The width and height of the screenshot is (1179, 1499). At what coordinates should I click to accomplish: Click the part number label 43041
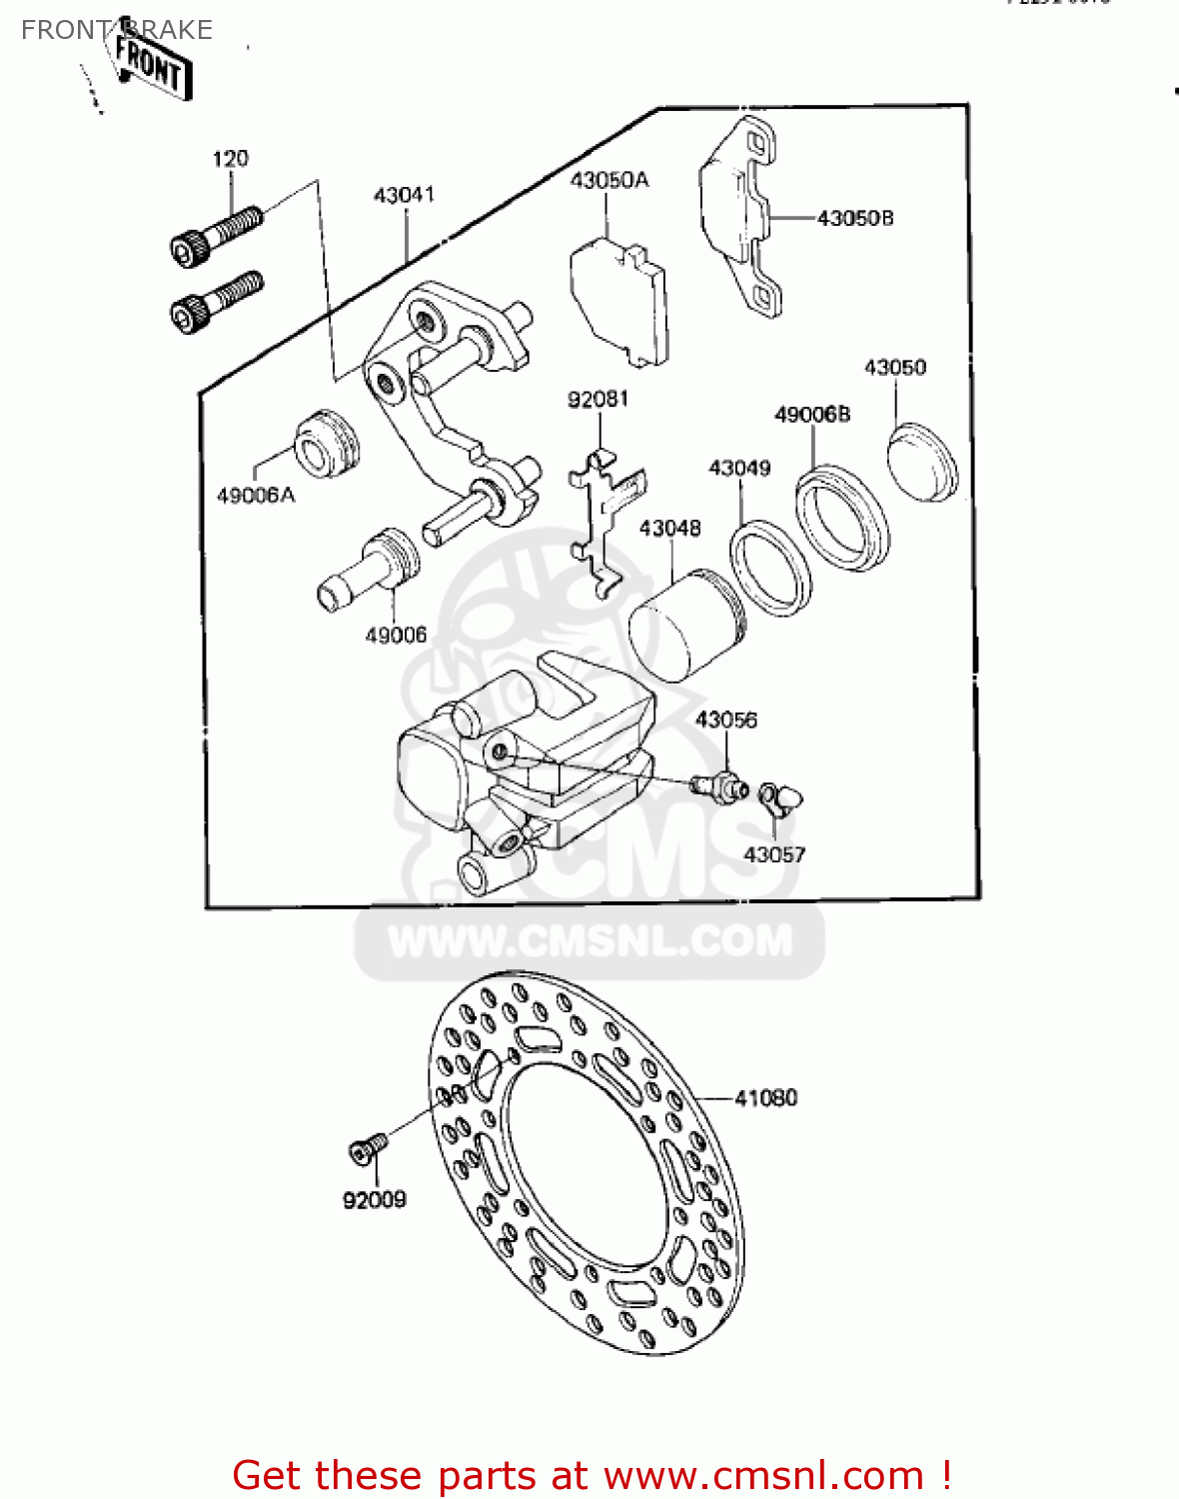pos(404,195)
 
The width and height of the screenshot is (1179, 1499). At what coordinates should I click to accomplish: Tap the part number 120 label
pos(230,159)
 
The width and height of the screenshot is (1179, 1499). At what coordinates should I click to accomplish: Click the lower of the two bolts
pos(215,301)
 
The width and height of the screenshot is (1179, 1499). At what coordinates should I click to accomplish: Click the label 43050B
pos(854,218)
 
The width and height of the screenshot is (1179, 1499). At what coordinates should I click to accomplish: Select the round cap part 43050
pos(921,462)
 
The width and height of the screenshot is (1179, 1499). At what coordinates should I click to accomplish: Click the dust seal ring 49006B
pos(841,518)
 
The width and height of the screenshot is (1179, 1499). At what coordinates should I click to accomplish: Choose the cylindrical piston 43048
pos(685,626)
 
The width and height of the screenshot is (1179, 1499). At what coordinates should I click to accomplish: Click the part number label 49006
pos(396,636)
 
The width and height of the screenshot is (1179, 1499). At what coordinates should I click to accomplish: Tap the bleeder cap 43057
pos(779,796)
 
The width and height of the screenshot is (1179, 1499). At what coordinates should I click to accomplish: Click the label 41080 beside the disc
pos(765,1098)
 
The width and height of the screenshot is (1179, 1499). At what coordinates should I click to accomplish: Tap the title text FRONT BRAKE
pos(116,30)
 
